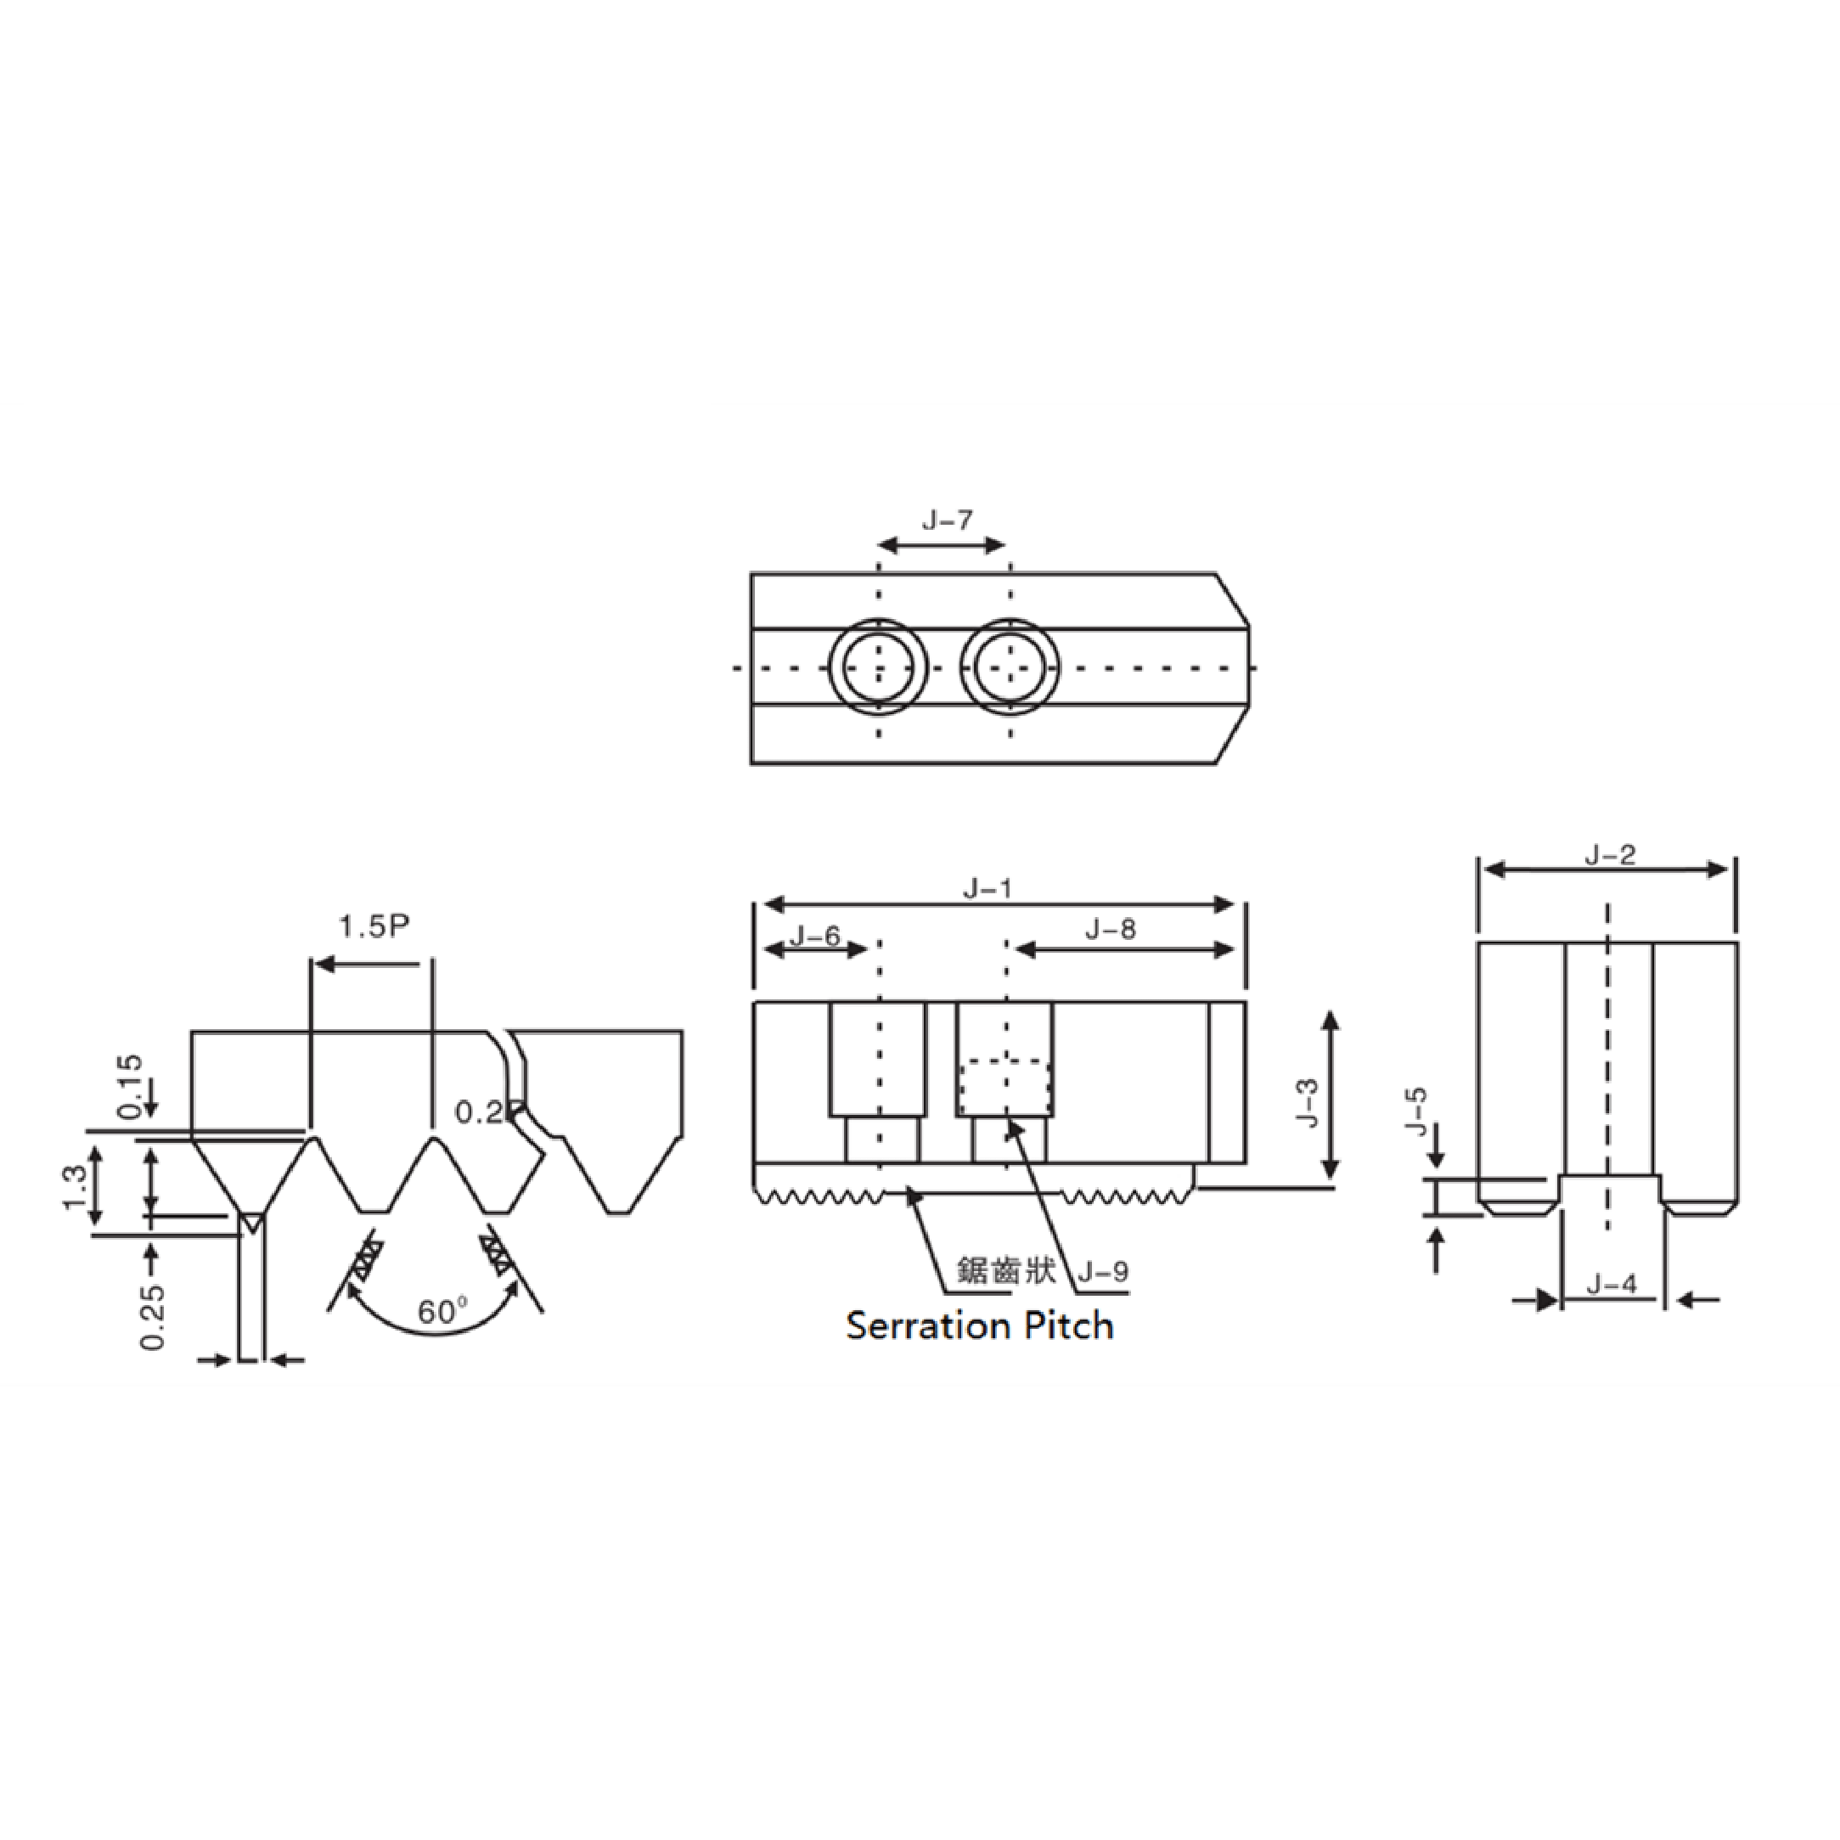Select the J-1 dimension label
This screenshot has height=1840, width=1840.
click(x=987, y=888)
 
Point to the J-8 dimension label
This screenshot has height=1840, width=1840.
click(x=1111, y=929)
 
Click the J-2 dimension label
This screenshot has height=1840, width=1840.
click(x=1610, y=854)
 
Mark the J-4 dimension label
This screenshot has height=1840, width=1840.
click(x=1612, y=1285)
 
